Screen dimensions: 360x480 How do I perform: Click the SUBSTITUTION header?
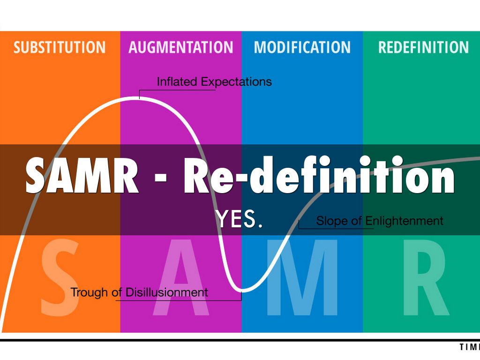pyautogui.click(x=60, y=47)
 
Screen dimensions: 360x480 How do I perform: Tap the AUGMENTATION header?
pyautogui.click(x=181, y=47)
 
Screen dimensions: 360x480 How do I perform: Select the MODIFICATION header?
pyautogui.click(x=302, y=47)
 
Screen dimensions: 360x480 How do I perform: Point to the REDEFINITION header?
pyautogui.click(x=423, y=47)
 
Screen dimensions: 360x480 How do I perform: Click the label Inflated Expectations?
pyautogui.click(x=214, y=82)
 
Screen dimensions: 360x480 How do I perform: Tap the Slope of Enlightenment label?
pyautogui.click(x=380, y=221)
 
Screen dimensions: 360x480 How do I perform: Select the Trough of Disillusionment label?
pyautogui.click(x=139, y=292)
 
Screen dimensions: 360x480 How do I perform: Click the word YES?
pyautogui.click(x=239, y=219)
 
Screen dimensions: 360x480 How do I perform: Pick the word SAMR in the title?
pyautogui.click(x=82, y=176)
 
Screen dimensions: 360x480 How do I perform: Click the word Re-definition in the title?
pyautogui.click(x=319, y=176)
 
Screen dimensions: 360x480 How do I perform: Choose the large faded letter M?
pyautogui.click(x=302, y=279)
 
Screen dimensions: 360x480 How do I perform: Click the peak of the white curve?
pyautogui.click(x=139, y=98)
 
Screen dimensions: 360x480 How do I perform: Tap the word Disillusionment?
pyautogui.click(x=166, y=292)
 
